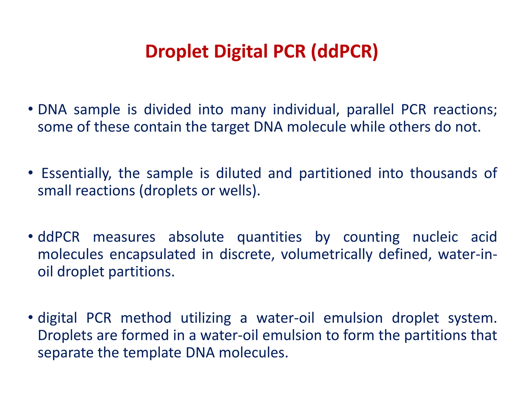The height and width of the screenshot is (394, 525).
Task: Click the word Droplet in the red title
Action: tap(177, 52)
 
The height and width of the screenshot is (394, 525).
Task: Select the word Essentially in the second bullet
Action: tap(76, 173)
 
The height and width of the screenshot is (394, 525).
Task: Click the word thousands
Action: tap(443, 173)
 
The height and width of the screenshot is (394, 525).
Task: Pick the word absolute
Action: tap(196, 237)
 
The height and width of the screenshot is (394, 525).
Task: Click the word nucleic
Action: tap(435, 237)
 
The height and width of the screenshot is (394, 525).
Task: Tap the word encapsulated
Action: tap(153, 254)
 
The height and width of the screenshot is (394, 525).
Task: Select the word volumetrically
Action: tap(327, 254)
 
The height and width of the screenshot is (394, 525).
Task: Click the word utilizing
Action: tap(206, 318)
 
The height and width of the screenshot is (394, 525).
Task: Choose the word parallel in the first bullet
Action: tap(370, 110)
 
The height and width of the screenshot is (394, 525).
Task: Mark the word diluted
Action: tap(238, 173)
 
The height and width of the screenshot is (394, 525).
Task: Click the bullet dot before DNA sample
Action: tap(31, 109)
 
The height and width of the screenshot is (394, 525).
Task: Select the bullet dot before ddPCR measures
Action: tap(31, 236)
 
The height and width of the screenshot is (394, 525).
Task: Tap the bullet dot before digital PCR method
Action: tap(31, 318)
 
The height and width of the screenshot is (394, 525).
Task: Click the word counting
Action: tap(371, 237)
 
